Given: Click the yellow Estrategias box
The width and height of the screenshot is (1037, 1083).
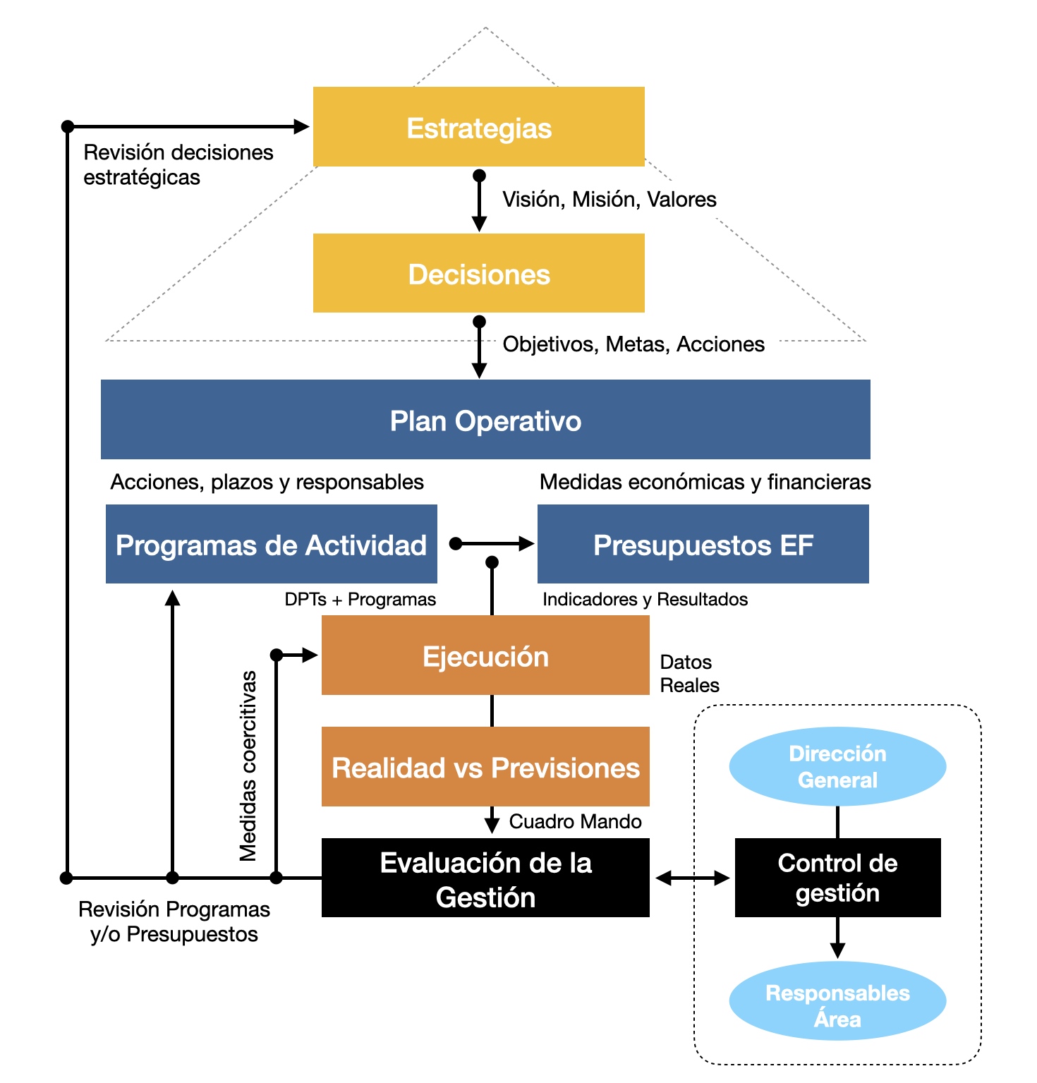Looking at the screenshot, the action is point(479,127).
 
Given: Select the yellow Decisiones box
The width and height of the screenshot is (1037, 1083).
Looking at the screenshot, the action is point(479,273).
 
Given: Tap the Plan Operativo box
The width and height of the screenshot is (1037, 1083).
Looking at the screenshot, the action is point(485,420).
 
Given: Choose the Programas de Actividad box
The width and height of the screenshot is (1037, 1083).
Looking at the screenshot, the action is point(272,544).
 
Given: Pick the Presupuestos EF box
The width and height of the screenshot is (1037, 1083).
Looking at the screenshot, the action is point(703,544).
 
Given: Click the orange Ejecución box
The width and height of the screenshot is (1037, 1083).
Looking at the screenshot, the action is point(485,655).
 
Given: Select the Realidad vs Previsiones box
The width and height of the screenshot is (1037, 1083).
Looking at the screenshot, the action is point(485,767).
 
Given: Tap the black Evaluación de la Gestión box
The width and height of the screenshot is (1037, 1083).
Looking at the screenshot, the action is point(485,878).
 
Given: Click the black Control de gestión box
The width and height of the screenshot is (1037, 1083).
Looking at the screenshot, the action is point(838,878).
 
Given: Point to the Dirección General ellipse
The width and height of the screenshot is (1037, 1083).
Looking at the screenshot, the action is point(837,767).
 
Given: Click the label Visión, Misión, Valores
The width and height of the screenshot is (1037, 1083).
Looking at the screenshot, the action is point(610,200).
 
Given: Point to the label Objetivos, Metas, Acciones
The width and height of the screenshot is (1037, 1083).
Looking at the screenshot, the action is point(633,344).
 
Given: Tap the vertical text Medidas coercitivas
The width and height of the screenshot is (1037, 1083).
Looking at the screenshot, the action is point(248,766).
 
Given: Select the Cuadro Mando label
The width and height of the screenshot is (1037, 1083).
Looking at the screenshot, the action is point(576,821).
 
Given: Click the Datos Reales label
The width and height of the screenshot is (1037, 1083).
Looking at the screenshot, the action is point(689,674).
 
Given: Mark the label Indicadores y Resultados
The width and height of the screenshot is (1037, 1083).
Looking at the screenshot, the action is point(645,600).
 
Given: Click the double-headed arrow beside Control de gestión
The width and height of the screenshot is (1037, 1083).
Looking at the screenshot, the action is point(693,878).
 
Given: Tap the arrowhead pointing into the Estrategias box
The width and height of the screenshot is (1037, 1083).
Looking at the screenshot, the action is point(301,127).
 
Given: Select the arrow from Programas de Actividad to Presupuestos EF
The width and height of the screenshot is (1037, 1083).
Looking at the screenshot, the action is point(492,543).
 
